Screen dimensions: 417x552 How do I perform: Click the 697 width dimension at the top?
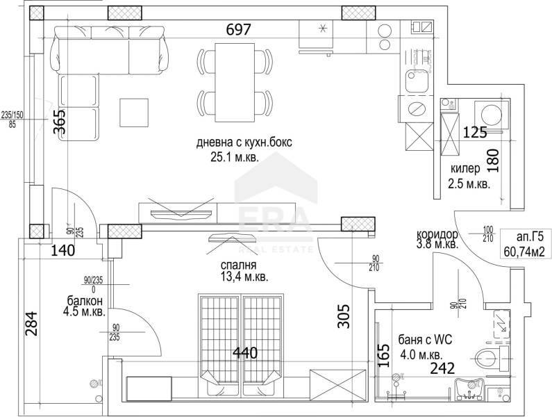coord(237,30)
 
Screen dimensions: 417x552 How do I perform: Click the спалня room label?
coord(239,265)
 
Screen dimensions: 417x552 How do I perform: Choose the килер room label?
coord(465,169)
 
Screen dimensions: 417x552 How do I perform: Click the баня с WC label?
coord(425,340)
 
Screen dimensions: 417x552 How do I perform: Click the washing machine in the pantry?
coord(485,113)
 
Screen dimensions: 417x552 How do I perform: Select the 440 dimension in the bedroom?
coord(244,353)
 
